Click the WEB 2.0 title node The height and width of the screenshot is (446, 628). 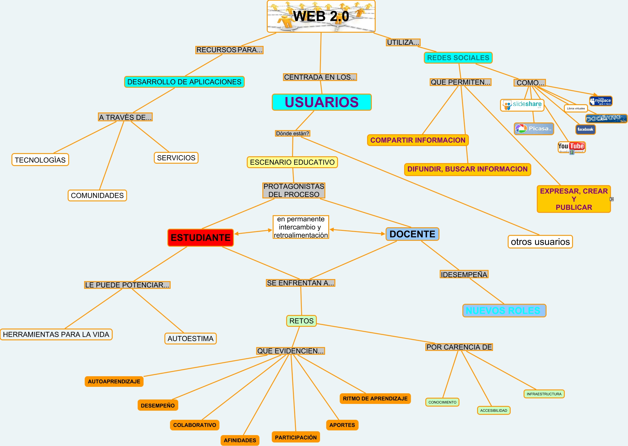click(321, 16)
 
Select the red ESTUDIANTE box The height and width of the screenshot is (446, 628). click(201, 238)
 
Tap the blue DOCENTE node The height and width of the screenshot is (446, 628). click(412, 234)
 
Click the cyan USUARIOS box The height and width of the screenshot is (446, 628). click(322, 102)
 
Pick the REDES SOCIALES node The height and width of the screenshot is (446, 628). click(458, 58)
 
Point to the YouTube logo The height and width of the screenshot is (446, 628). click(572, 147)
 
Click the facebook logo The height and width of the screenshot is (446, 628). click(585, 129)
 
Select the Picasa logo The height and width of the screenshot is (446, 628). click(534, 129)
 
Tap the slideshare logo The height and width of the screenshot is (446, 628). click(522, 105)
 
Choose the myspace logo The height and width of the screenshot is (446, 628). click(601, 101)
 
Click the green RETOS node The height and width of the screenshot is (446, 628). click(301, 321)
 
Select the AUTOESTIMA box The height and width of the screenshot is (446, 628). click(190, 339)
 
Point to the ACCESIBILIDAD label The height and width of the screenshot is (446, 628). click(494, 410)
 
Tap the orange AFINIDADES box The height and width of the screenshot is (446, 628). click(240, 440)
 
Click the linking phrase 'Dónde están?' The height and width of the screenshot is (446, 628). click(292, 133)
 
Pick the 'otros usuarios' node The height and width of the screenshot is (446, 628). click(540, 242)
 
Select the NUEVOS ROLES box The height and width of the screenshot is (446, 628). click(504, 311)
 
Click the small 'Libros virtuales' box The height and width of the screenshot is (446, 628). click(576, 108)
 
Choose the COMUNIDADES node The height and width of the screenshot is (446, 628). click(97, 195)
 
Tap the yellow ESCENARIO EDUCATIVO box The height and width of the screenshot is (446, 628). click(292, 162)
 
